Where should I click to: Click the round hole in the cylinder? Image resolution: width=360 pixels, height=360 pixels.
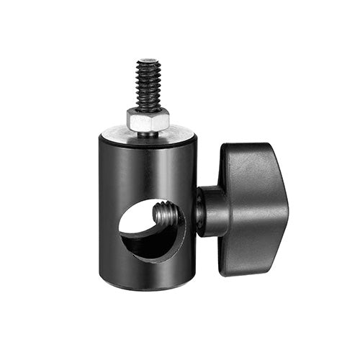click(x=151, y=230)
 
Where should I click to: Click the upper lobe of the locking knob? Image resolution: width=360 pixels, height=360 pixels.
click(x=248, y=158)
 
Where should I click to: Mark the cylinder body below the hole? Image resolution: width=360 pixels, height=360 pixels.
click(x=148, y=274)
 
